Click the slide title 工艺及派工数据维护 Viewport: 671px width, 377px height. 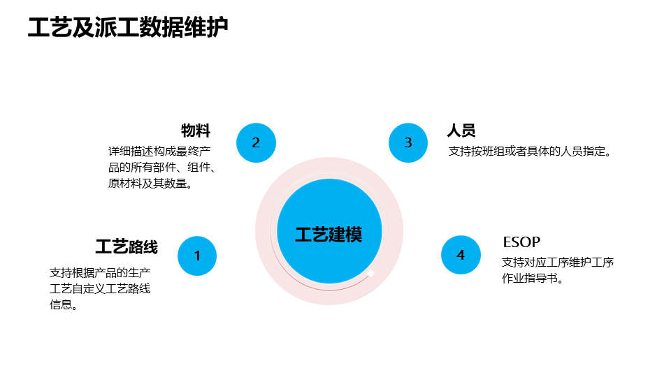tap(128, 28)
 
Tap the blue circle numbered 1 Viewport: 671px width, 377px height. tap(197, 256)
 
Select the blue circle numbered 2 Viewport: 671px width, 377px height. tap(256, 142)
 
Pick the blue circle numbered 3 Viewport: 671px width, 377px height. tap(408, 142)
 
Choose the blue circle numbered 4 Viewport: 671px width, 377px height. tap(461, 255)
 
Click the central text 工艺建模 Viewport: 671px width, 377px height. tap(329, 234)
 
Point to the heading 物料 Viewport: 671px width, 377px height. tap(196, 131)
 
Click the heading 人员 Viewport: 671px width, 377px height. tap(461, 131)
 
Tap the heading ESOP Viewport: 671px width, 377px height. tap(521, 242)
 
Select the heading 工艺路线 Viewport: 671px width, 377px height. tap(127, 246)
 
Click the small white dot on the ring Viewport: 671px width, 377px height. tap(371, 273)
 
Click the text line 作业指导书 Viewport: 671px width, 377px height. tap(533, 279)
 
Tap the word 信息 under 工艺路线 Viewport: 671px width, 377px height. tap(63, 304)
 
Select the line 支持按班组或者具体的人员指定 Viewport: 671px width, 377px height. tap(531, 151)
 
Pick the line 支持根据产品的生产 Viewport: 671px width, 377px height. tap(100, 272)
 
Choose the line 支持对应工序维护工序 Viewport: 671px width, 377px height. tap(558, 263)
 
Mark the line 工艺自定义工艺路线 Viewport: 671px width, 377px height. tap(100, 288)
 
